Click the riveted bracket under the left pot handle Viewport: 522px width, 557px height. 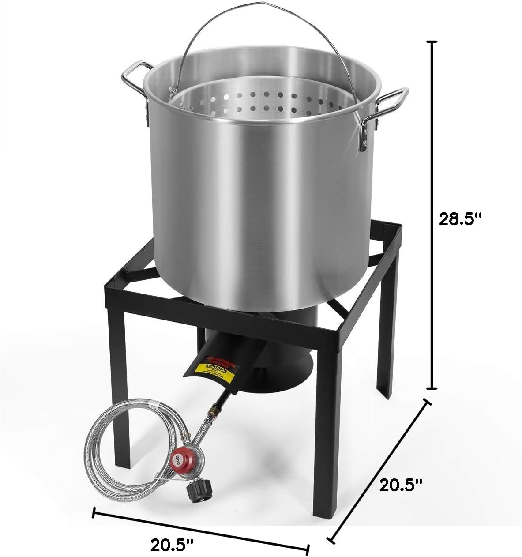145,110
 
